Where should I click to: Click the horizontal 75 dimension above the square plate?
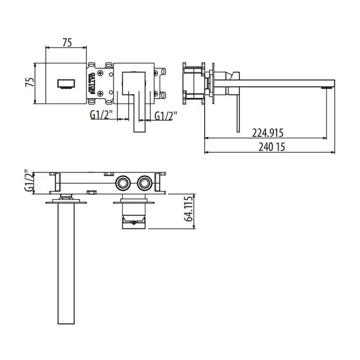67,43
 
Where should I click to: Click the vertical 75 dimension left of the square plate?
30,82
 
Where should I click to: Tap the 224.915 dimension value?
268,133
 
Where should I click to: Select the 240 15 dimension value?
272,147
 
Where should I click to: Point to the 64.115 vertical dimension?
188,209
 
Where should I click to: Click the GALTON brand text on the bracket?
92,83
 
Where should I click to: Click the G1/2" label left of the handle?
101,115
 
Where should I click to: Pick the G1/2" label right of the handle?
166,116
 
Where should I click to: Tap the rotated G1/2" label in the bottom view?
29,182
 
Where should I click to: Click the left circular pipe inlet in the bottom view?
123,183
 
